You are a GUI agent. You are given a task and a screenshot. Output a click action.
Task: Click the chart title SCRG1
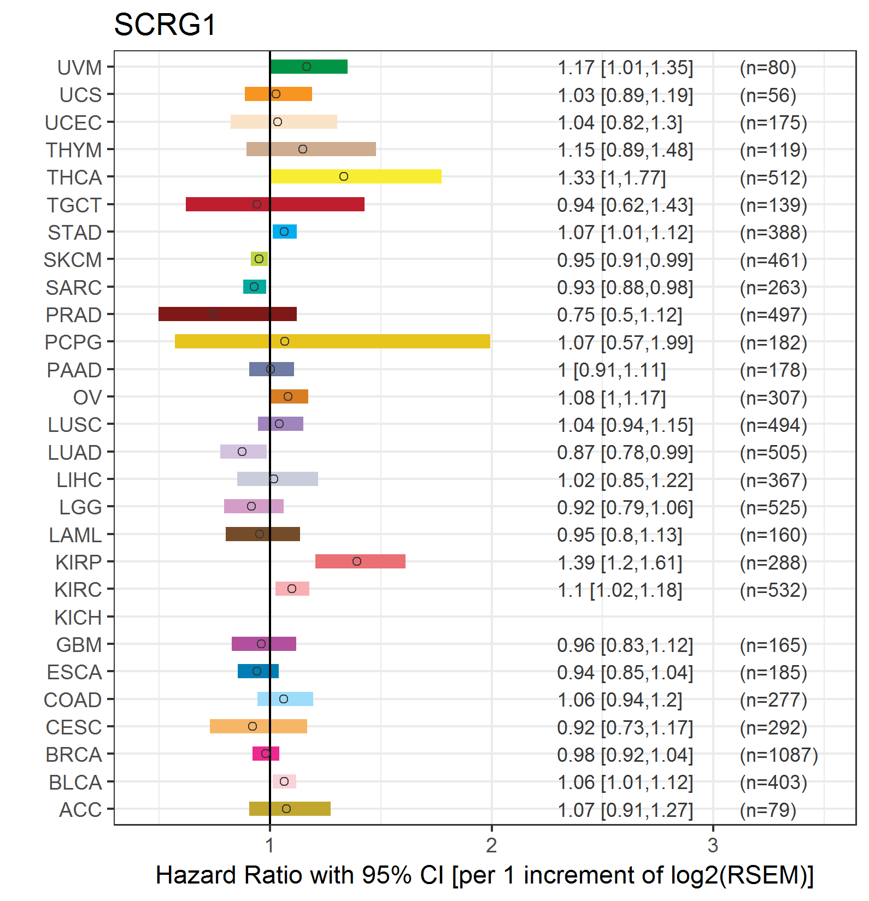165,25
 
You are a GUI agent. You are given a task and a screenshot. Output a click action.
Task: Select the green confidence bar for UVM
309,67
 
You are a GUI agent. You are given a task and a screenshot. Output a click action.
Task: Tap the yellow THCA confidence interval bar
356,176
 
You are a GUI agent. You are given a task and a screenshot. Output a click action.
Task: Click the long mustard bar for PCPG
332,341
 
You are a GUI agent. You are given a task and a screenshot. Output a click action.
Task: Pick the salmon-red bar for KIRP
360,561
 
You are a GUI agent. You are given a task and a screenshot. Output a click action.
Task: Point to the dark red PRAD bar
227,314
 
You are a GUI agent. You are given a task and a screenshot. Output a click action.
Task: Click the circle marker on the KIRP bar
357,561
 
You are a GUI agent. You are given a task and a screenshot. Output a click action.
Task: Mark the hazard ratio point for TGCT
257,204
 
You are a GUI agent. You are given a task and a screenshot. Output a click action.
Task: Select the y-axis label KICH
78,618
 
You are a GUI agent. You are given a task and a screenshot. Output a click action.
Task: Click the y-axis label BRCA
74,755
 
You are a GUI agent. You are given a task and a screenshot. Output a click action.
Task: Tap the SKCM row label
73,260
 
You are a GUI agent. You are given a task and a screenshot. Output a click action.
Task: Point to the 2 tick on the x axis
491,845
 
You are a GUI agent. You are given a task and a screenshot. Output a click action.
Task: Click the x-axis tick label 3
713,845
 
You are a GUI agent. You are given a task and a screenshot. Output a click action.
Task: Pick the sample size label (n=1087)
779,755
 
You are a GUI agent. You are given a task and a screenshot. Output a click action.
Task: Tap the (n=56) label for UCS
768,95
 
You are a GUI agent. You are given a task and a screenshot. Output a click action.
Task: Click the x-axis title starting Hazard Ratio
484,875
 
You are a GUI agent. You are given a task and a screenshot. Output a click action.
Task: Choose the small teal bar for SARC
255,287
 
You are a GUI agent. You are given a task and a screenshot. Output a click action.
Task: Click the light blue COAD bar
285,699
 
